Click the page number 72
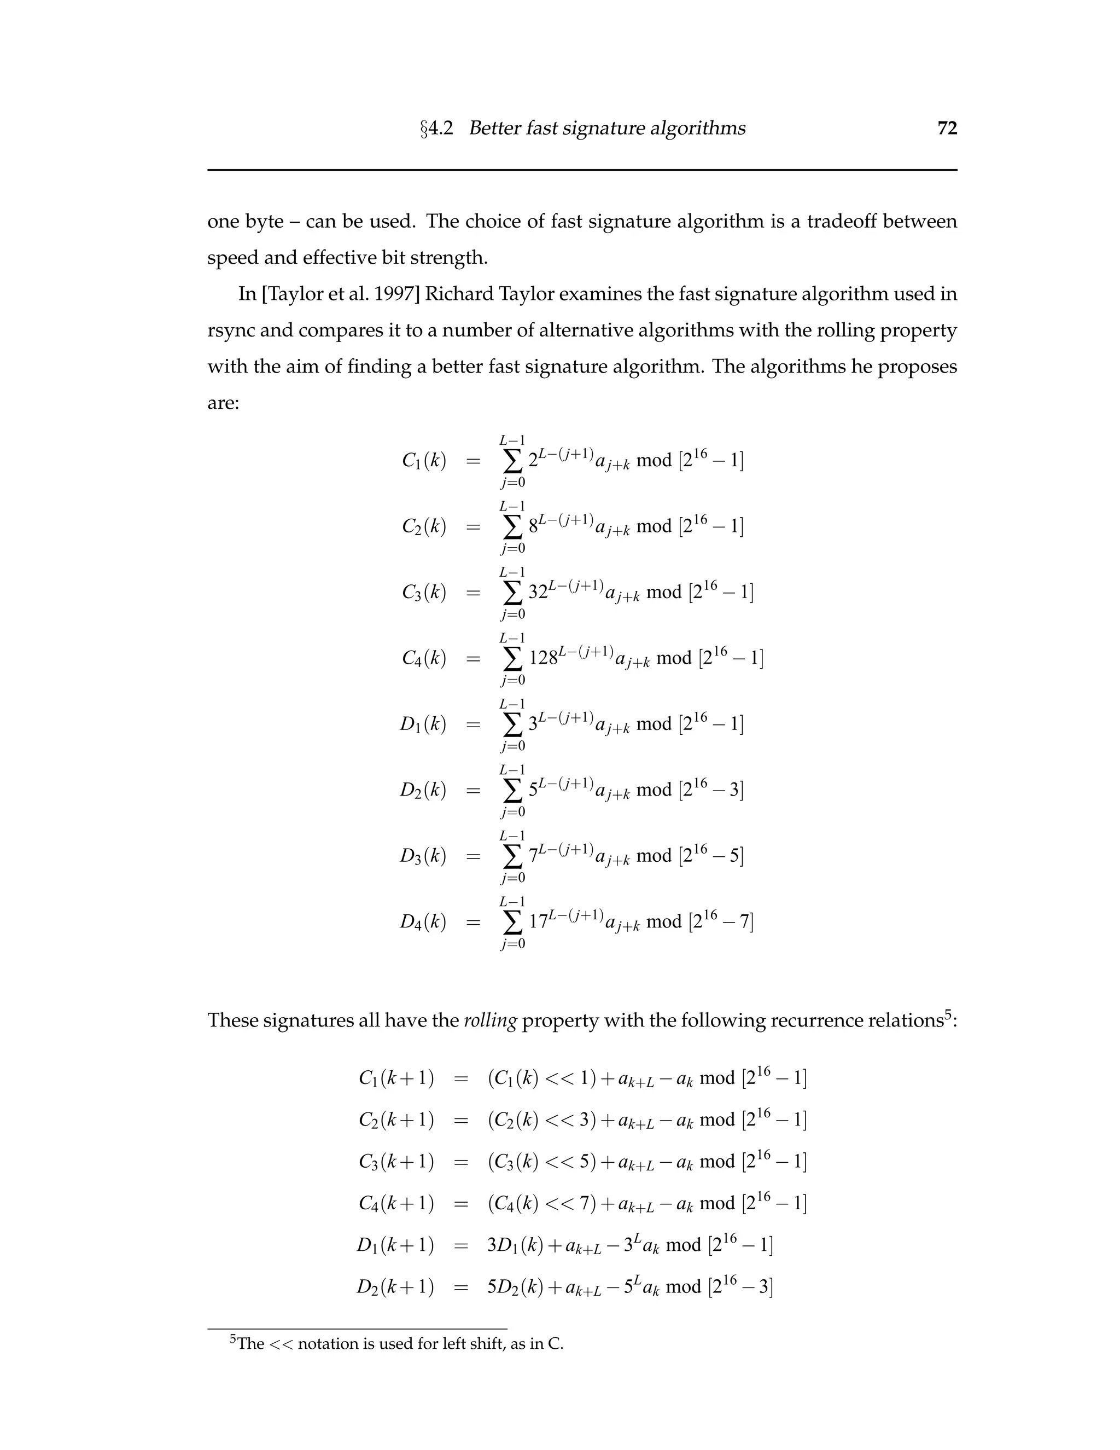[x=947, y=128]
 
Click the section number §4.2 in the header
[x=436, y=128]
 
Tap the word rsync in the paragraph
[x=230, y=330]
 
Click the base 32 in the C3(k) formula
[x=538, y=592]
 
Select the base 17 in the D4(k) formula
[x=538, y=921]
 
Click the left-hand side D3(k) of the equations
[x=423, y=856]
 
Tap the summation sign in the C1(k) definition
[x=512, y=460]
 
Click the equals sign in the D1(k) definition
[x=472, y=724]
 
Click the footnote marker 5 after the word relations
[x=948, y=1013]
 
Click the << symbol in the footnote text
[x=281, y=1344]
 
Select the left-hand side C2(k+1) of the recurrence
[x=395, y=1120]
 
